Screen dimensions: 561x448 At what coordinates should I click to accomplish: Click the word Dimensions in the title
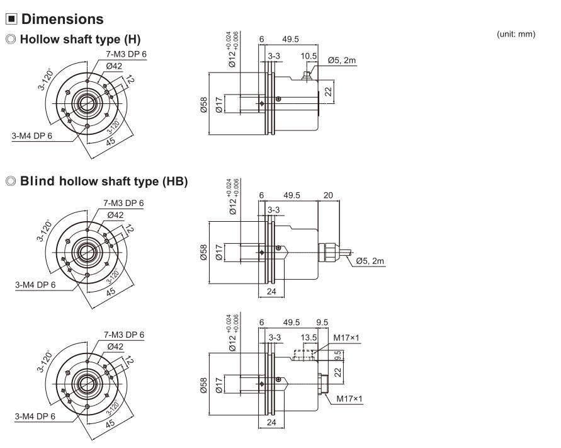coord(62,19)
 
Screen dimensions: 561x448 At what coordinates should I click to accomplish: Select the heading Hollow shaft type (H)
coord(80,39)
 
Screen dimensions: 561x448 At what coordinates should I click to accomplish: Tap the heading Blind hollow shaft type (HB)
coord(104,181)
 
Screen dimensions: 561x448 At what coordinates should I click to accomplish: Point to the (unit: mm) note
coord(516,34)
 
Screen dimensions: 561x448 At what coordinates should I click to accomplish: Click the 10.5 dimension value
coord(309,56)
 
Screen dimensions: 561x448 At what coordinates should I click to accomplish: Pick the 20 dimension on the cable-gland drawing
coord(328,195)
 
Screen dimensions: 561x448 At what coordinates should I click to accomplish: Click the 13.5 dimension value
coord(309,337)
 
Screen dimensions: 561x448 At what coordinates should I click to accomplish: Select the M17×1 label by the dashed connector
coord(346,338)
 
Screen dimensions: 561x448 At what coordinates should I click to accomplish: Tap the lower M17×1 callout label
coord(349,399)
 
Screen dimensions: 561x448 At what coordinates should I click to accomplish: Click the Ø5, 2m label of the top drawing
coord(342,60)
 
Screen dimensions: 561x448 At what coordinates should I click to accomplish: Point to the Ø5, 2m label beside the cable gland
coord(370,261)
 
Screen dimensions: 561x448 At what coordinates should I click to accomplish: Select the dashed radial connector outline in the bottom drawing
coord(303,355)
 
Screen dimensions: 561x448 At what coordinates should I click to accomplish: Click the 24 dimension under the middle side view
coord(271,292)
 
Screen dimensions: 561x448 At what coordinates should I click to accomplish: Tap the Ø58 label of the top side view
coord(203,105)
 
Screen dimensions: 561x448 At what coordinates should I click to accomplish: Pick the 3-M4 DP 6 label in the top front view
coord(32,135)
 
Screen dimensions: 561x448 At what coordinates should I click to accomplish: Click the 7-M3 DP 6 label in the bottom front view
coord(124,335)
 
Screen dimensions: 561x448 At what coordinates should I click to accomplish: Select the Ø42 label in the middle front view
coord(115,215)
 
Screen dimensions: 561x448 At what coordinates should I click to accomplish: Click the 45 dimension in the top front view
coord(111,141)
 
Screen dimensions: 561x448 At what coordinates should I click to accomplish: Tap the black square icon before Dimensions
coord(11,19)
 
